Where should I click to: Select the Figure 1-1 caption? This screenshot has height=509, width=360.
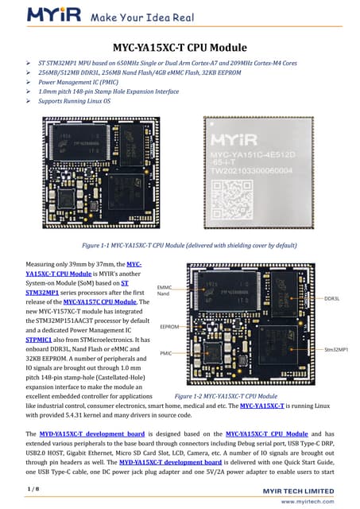(x=180, y=246)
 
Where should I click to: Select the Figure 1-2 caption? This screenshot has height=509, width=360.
(x=225, y=394)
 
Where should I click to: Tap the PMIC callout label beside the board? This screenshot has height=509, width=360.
(x=166, y=352)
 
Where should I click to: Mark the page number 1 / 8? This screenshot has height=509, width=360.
(x=33, y=486)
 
